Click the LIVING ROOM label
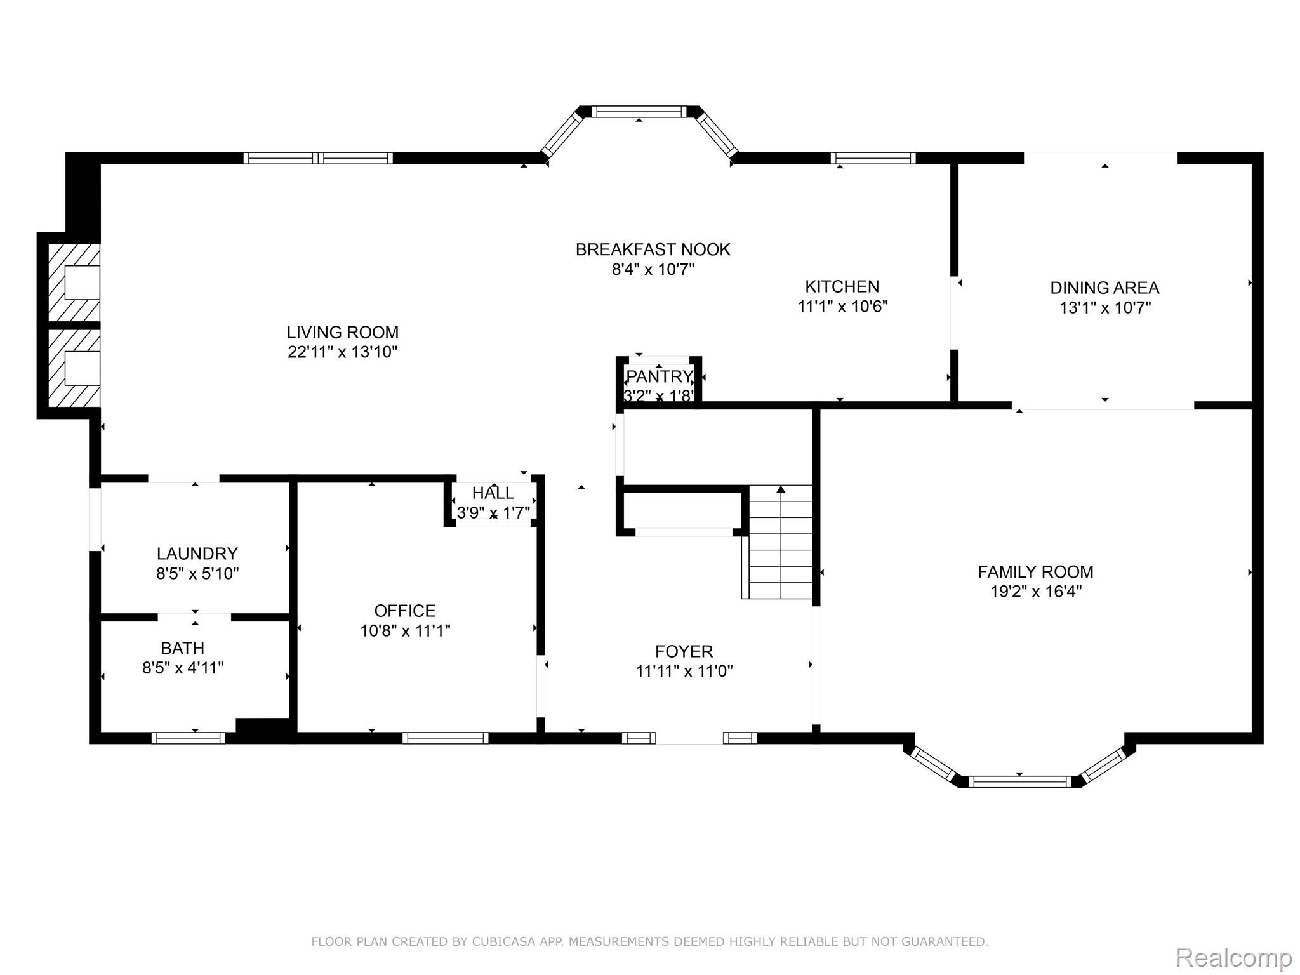[343, 332]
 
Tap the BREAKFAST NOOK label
[653, 249]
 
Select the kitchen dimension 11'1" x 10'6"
[842, 307]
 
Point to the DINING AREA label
[1104, 288]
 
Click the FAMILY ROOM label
[1035, 572]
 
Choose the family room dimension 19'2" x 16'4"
[1036, 592]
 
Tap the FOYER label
[684, 651]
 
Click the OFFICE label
[405, 611]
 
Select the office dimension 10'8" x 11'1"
[405, 631]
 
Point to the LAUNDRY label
[197, 554]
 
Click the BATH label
[183, 648]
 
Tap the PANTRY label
[659, 376]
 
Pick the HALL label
[493, 493]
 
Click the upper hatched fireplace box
[74, 282]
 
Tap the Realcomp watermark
[1234, 957]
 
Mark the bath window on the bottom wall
[189, 738]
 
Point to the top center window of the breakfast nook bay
[639, 112]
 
